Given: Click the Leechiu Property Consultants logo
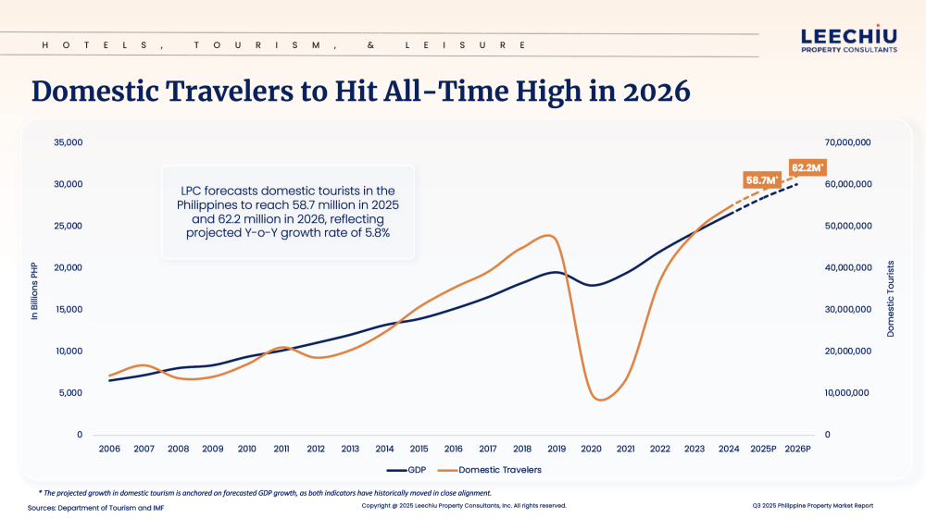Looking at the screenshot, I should tap(848, 40).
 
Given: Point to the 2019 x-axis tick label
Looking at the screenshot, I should tap(557, 449).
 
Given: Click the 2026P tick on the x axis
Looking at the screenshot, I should tap(797, 449).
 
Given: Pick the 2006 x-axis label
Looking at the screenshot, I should tap(109, 449).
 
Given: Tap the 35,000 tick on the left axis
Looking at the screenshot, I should tap(69, 142).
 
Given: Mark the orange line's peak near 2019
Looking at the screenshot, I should tap(551, 236).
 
